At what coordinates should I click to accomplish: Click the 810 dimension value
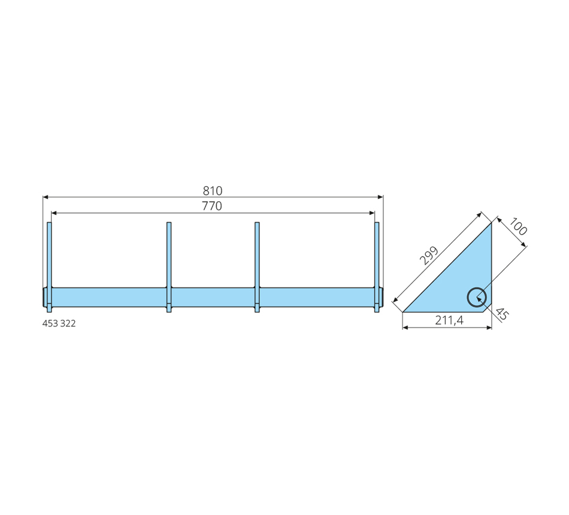[x=212, y=190]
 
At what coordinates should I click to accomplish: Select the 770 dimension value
[x=212, y=206]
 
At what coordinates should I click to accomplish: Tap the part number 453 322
[x=59, y=323]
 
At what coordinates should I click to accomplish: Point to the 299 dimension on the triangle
[x=429, y=256]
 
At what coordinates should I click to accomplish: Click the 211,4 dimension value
[x=449, y=320]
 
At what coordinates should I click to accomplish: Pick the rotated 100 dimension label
[x=518, y=226]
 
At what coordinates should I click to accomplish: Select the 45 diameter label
[x=501, y=314]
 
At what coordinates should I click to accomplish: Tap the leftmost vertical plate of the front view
[x=49, y=266]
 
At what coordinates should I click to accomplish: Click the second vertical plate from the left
[x=169, y=266]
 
